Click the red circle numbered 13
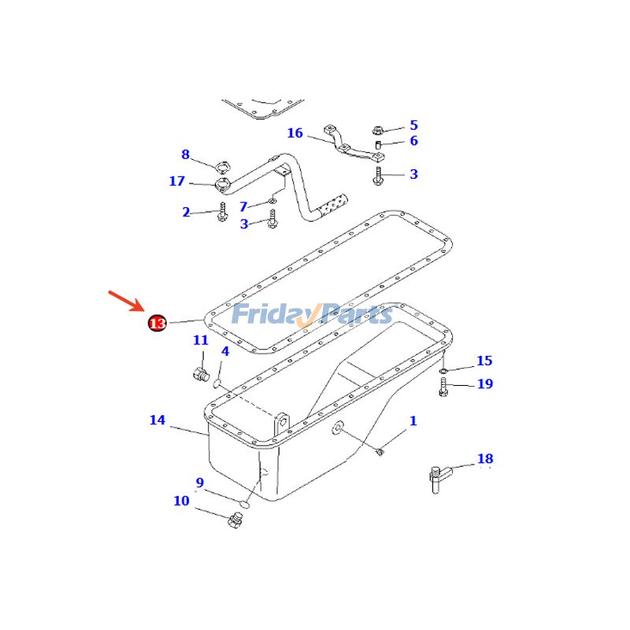(157, 323)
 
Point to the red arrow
(125, 301)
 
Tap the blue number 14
(157, 421)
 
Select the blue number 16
(295, 133)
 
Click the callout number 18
(484, 458)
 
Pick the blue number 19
(484, 384)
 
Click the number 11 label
(201, 340)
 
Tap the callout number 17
(176, 182)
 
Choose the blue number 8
(185, 154)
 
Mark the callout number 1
(413, 421)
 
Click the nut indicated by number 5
(377, 130)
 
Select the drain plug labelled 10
(234, 521)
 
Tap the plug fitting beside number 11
(200, 372)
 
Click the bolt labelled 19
(443, 387)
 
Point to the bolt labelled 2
(222, 211)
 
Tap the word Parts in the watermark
(356, 315)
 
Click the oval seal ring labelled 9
(244, 500)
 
